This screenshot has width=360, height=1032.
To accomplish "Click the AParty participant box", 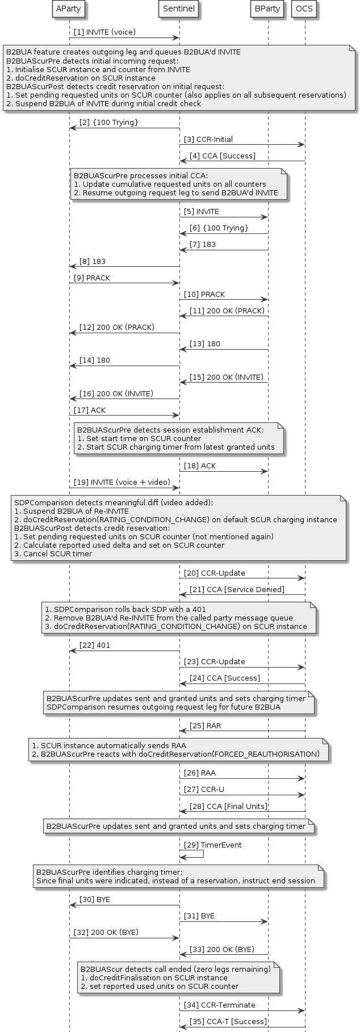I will pyautogui.click(x=69, y=9).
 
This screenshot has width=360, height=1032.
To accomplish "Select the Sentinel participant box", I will pyautogui.click(x=179, y=9).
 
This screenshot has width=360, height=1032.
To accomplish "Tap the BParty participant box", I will pyautogui.click(x=267, y=9).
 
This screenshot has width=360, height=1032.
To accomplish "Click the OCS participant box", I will pyautogui.click(x=304, y=9).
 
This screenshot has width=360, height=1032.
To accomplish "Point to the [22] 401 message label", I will pyautogui.click(x=95, y=645).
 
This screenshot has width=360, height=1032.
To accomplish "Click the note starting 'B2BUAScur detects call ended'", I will pyautogui.click(x=178, y=977).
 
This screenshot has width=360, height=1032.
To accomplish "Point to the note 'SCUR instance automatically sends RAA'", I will pyautogui.click(x=178, y=749).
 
